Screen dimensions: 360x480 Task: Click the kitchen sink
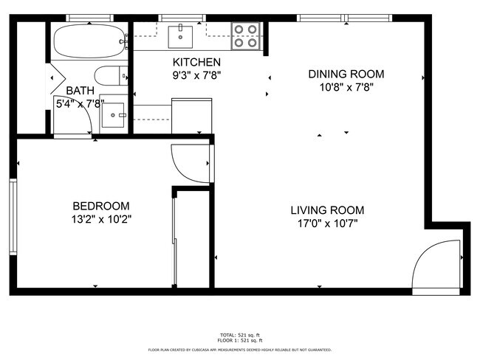click(179, 35)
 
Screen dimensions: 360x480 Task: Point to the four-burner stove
click(247, 36)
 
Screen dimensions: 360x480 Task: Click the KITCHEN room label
click(196, 62)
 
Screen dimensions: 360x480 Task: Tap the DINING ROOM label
click(346, 74)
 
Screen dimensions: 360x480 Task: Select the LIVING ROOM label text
click(326, 210)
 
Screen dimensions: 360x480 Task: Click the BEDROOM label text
click(101, 206)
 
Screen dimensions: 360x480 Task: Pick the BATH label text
click(80, 91)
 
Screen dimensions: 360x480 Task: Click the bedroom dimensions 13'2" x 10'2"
click(102, 219)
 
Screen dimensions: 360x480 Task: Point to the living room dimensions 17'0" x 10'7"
click(326, 224)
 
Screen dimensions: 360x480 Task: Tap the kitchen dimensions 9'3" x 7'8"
click(196, 75)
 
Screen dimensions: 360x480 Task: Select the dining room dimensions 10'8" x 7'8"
click(346, 86)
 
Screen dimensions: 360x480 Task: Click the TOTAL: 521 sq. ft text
click(239, 335)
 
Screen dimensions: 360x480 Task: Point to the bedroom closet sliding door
click(174, 240)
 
